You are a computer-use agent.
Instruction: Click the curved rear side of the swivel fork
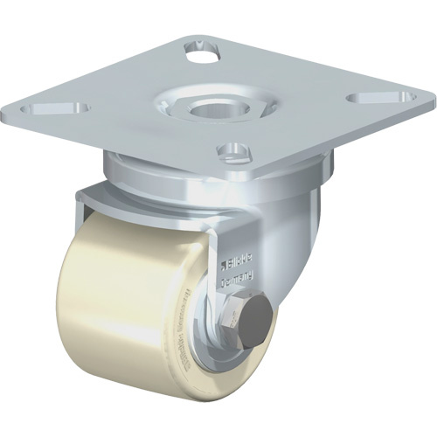pyautogui.click(x=297, y=227)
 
